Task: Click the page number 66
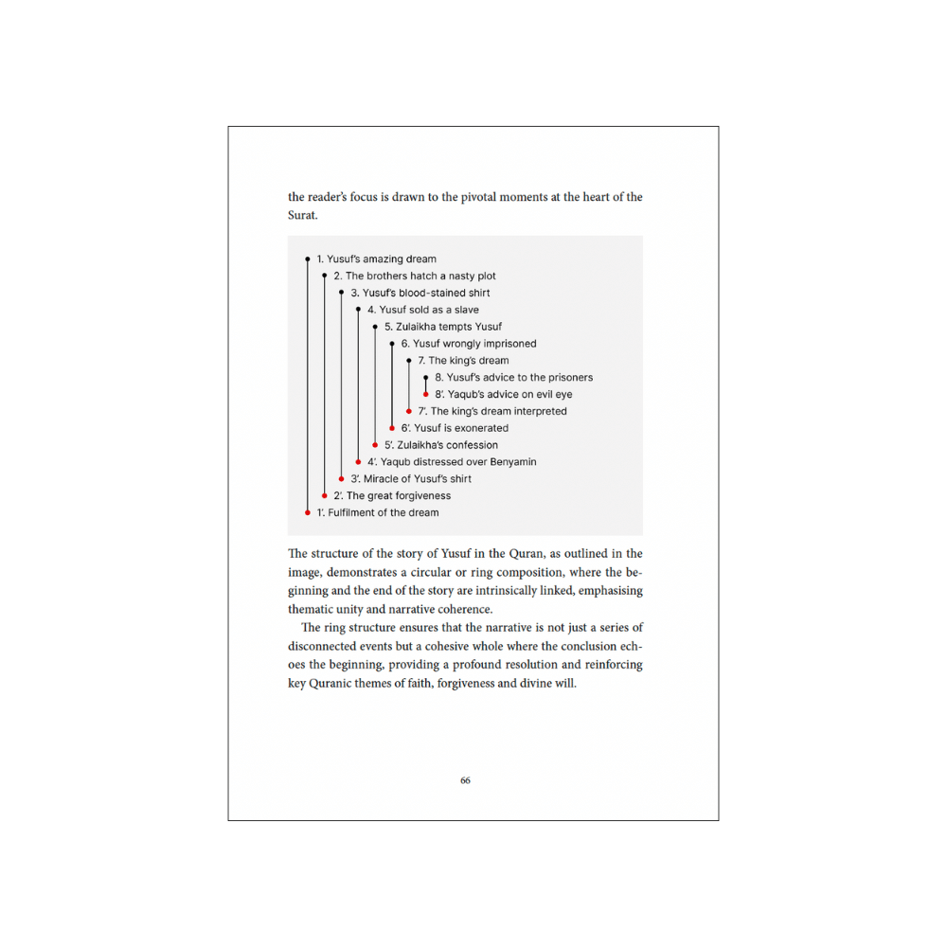click(465, 780)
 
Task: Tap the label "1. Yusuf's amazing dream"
click(376, 259)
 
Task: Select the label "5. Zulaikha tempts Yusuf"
click(443, 327)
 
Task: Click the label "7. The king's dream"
click(463, 361)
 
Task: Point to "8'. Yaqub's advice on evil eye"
click(503, 394)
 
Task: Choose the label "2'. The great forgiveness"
click(391, 495)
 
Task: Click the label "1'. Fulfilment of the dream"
click(377, 512)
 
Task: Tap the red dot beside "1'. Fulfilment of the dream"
click(308, 512)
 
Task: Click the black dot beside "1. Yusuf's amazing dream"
click(308, 259)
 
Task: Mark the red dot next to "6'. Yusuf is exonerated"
click(392, 428)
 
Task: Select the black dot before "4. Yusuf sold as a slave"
click(358, 310)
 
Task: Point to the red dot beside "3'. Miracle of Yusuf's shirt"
click(342, 478)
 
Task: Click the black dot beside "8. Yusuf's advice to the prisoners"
click(426, 378)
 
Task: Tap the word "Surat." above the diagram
click(303, 216)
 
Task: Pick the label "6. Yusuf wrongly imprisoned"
click(468, 344)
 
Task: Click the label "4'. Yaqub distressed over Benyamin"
click(452, 461)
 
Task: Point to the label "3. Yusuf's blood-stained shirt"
click(420, 293)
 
